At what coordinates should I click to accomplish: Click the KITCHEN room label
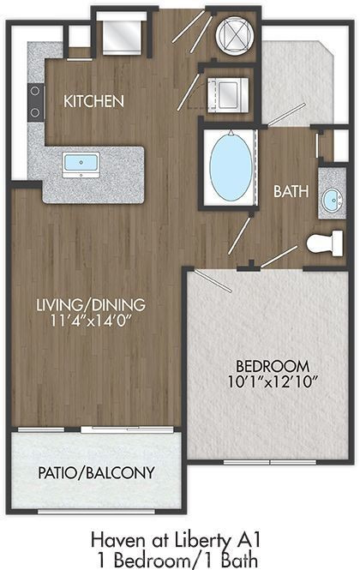[x=93, y=101]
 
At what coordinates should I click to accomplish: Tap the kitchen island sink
[x=81, y=165]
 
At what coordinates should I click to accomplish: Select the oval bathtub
[x=231, y=166]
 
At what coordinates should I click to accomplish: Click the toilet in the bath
[x=324, y=243]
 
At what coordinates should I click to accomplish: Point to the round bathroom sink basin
[x=333, y=201]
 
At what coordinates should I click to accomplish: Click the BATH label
[x=291, y=192]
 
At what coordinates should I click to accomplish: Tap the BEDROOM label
[x=273, y=366]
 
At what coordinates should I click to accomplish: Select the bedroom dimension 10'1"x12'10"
[x=273, y=382]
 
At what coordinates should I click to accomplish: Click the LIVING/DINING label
[x=91, y=304]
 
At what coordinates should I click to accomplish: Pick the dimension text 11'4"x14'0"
[x=91, y=321]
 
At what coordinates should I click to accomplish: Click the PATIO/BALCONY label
[x=96, y=472]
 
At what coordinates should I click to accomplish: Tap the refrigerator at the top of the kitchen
[x=122, y=33]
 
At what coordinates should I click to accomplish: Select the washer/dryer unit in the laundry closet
[x=228, y=95]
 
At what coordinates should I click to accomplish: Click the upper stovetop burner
[x=35, y=91]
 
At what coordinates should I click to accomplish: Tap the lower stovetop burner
[x=35, y=112]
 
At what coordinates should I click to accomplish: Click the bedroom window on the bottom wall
[x=270, y=462]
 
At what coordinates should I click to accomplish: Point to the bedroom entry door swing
[x=213, y=280]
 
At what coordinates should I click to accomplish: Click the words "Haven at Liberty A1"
[x=176, y=540]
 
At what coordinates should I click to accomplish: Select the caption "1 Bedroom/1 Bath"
[x=177, y=561]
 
